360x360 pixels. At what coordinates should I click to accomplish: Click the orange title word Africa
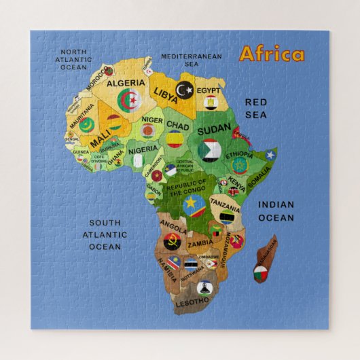coord(271,54)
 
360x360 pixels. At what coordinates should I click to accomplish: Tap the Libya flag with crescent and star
coord(184,89)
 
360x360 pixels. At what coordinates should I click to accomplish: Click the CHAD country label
coord(178,126)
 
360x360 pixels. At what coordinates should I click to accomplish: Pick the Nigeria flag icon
coord(137,161)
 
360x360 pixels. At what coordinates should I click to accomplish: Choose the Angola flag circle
coord(172,240)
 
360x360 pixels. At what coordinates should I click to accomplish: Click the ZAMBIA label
coord(201,242)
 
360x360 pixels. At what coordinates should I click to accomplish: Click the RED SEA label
coord(256,108)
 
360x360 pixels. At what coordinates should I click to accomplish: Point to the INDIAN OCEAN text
coord(276,211)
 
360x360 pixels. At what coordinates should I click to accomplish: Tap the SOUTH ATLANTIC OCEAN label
coord(108,234)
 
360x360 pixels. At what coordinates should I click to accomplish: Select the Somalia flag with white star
coord(270,155)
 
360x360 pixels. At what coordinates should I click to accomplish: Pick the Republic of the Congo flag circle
coord(193,202)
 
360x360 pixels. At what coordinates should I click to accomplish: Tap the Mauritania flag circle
coord(86,124)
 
